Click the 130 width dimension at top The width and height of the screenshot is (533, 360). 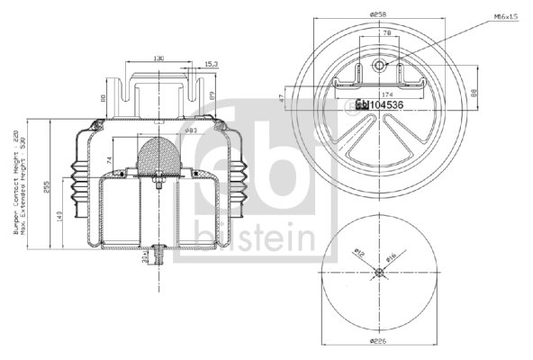click(158, 58)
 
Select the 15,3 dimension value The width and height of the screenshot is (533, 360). click(211, 64)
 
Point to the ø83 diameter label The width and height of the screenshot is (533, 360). click(191, 131)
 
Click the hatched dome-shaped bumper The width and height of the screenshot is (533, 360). click(158, 154)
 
